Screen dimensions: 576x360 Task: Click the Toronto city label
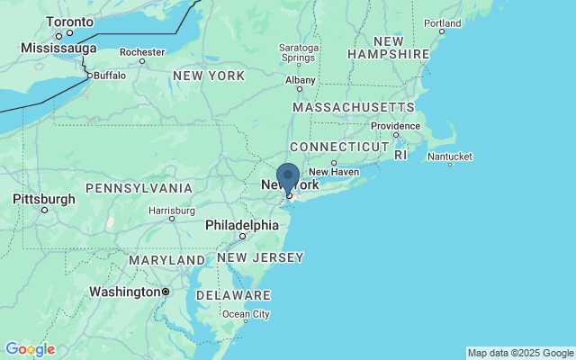pyautogui.click(x=70, y=21)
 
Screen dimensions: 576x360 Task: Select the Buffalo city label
pyautogui.click(x=110, y=76)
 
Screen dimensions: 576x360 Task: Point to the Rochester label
pyautogui.click(x=142, y=52)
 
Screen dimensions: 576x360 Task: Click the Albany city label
pyautogui.click(x=301, y=79)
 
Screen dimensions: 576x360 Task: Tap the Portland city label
pyautogui.click(x=443, y=22)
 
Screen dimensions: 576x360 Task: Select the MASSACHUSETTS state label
pyautogui.click(x=354, y=107)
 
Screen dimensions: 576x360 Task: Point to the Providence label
pyautogui.click(x=395, y=126)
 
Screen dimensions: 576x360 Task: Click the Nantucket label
pyautogui.click(x=449, y=157)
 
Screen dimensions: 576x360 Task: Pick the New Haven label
pyautogui.click(x=334, y=172)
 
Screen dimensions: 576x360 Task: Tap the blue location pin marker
pyautogui.click(x=288, y=178)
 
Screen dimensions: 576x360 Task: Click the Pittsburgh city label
pyautogui.click(x=44, y=199)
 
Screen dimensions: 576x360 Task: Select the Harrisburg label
pyautogui.click(x=171, y=211)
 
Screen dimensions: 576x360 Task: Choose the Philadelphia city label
pyautogui.click(x=242, y=225)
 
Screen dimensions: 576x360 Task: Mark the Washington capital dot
pyautogui.click(x=166, y=292)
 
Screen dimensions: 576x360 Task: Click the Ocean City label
pyautogui.click(x=246, y=314)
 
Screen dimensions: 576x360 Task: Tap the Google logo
pyautogui.click(x=29, y=349)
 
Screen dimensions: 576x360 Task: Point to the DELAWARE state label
pyautogui.click(x=233, y=295)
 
